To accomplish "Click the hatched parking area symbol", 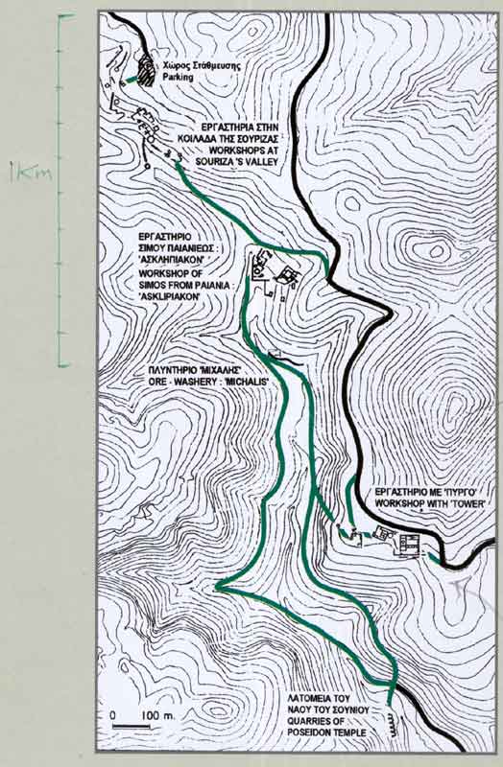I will pyautogui.click(x=147, y=71).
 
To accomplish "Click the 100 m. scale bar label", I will pyautogui.click(x=154, y=716).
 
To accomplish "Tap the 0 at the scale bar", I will pyautogui.click(x=113, y=716).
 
